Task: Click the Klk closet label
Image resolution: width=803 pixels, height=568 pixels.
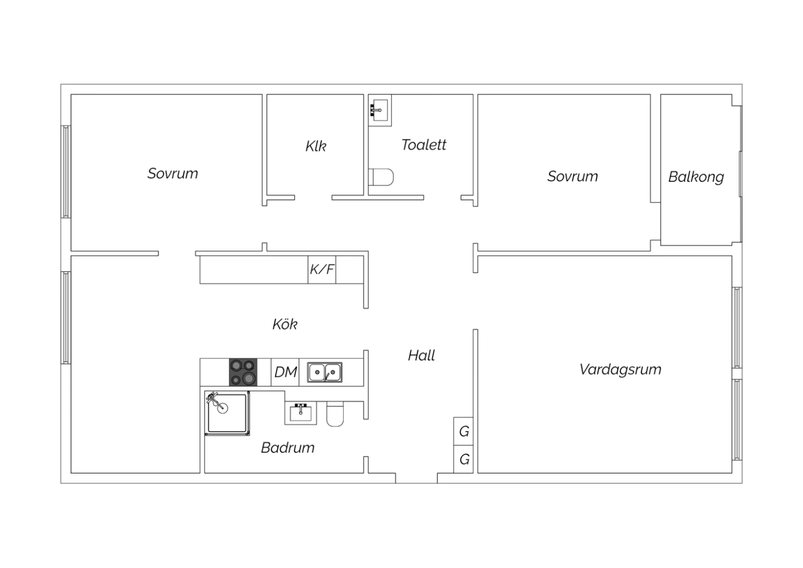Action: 316,146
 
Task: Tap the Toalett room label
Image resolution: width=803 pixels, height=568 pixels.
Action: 424,145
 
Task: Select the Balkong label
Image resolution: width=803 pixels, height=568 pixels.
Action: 696,177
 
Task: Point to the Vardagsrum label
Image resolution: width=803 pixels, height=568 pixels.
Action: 620,370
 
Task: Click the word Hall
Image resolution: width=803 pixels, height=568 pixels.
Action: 421,356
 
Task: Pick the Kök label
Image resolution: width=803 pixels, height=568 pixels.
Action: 285,324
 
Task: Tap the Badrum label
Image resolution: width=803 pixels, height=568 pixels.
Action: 287,448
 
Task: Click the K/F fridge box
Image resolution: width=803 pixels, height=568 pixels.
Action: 322,270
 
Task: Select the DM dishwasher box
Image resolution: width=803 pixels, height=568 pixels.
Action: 285,372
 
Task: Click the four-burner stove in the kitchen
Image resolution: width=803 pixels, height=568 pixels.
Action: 243,372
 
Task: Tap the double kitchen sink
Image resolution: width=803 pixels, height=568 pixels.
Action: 325,372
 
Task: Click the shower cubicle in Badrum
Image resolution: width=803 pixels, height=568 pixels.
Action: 227,413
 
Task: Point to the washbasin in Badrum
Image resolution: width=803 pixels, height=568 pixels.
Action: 301,413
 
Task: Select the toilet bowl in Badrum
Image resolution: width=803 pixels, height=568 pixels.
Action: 335,414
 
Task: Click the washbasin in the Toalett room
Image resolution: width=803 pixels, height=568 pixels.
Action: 380,110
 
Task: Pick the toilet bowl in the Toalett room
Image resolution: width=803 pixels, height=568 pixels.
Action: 381,177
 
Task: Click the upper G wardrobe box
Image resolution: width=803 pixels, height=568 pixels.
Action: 463,431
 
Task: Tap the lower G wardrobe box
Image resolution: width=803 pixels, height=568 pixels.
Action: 463,459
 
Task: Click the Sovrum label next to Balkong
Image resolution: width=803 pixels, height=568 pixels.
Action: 572,176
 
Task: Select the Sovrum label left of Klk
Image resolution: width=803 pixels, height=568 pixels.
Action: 172,174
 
